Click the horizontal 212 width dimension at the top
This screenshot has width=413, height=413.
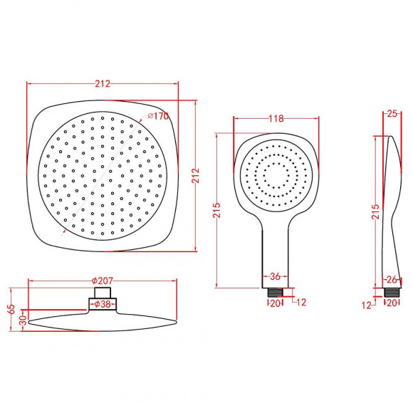coord(102,84)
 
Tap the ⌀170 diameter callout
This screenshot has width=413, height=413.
coord(157,117)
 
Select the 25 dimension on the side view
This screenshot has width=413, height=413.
coord(392,113)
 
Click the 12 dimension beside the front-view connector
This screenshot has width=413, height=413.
coord(300,303)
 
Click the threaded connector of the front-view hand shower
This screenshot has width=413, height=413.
coord(274,291)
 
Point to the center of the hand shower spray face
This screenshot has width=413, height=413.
coord(275,174)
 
